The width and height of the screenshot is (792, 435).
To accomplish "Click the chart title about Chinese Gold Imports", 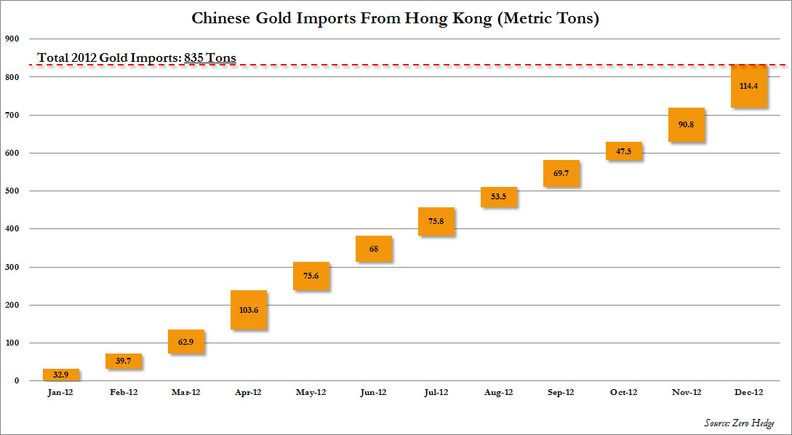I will (x=395, y=18).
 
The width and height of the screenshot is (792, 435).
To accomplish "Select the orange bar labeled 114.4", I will (x=749, y=86).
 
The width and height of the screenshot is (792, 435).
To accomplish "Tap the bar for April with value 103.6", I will (x=249, y=310).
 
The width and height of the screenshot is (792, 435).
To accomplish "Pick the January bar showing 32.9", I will (x=61, y=375).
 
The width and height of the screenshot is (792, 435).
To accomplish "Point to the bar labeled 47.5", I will (x=624, y=151).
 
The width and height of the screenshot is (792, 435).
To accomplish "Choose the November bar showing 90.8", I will (x=687, y=124).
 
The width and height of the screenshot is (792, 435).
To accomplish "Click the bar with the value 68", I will (x=374, y=249).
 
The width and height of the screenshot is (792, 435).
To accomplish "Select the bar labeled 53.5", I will (x=499, y=197).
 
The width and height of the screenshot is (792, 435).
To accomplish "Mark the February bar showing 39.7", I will (x=124, y=362).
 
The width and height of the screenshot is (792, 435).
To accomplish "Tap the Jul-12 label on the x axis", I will (x=436, y=392).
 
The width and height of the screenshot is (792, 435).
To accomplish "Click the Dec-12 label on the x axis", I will (x=748, y=392).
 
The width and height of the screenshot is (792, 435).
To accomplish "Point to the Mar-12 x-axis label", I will (x=185, y=392).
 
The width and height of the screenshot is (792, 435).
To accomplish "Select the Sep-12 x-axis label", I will (x=561, y=392).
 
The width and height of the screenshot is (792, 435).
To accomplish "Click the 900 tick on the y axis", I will (x=12, y=39).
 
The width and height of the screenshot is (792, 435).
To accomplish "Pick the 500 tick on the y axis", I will (x=12, y=191).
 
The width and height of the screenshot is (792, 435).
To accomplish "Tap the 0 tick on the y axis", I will (x=15, y=380).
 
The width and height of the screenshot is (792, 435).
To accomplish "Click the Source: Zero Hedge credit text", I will (x=739, y=423).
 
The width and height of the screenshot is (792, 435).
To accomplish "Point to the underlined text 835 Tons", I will (x=210, y=57).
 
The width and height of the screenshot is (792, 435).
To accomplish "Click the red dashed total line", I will (x=436, y=65).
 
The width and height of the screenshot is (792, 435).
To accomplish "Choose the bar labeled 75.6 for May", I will (x=311, y=276).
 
